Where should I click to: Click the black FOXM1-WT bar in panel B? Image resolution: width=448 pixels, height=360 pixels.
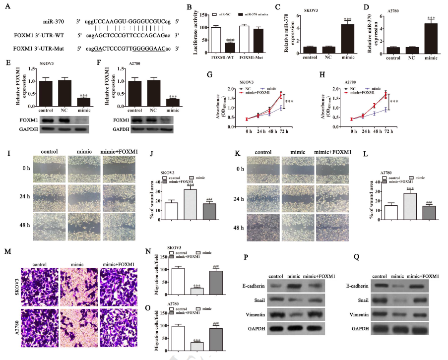[230, 48]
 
